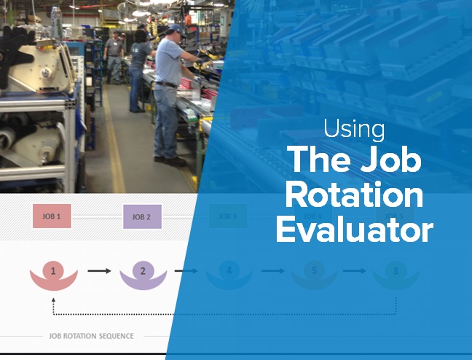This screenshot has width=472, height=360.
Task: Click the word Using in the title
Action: tap(354, 130)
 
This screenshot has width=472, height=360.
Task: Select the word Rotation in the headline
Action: tap(354, 196)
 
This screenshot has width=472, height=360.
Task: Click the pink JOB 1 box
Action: tap(52, 216)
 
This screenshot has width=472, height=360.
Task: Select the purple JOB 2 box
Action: tap(142, 216)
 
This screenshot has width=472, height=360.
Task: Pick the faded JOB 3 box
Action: tap(229, 216)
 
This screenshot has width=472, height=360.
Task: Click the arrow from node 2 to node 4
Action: tap(186, 270)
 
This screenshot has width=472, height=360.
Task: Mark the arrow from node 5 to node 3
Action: tap(355, 270)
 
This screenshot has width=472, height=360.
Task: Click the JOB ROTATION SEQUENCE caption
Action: tap(91, 337)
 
